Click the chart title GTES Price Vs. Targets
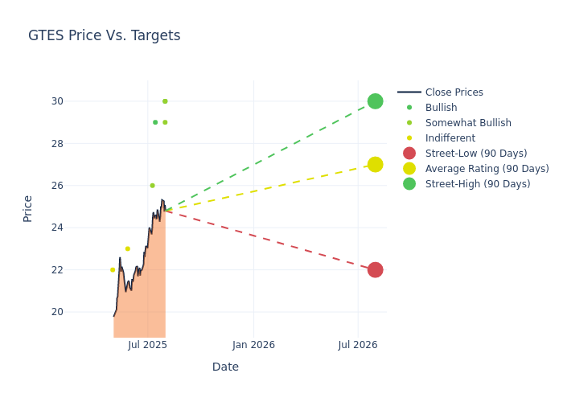104,35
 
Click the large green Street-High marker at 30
375,101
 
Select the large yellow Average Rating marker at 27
375,165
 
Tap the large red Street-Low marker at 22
375,269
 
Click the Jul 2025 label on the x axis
147,345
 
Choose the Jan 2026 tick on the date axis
253,345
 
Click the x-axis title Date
225,367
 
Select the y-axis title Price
28,208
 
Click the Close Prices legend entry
454,92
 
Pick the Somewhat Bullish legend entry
468,123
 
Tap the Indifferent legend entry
450,138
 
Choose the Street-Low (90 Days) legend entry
476,154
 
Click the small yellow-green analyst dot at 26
152,186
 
